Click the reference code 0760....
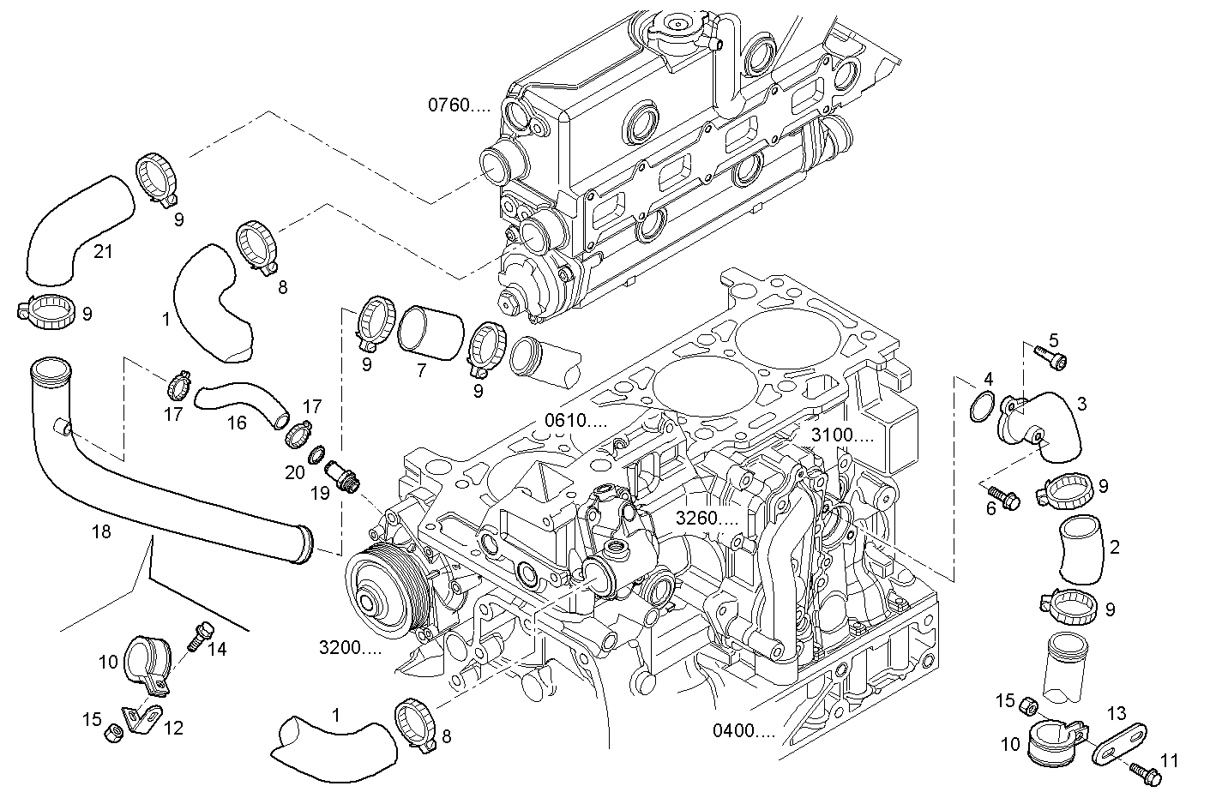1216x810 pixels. (x=459, y=105)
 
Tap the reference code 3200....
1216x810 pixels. (x=350, y=648)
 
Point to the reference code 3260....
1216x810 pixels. (x=707, y=518)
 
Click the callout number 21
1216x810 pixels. (x=103, y=251)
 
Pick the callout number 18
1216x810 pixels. (x=100, y=531)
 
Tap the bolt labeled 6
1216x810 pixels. (x=1001, y=496)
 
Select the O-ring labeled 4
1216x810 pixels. (x=983, y=408)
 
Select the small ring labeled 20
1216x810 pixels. (x=316, y=453)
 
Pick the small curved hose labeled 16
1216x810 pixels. (x=239, y=401)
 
